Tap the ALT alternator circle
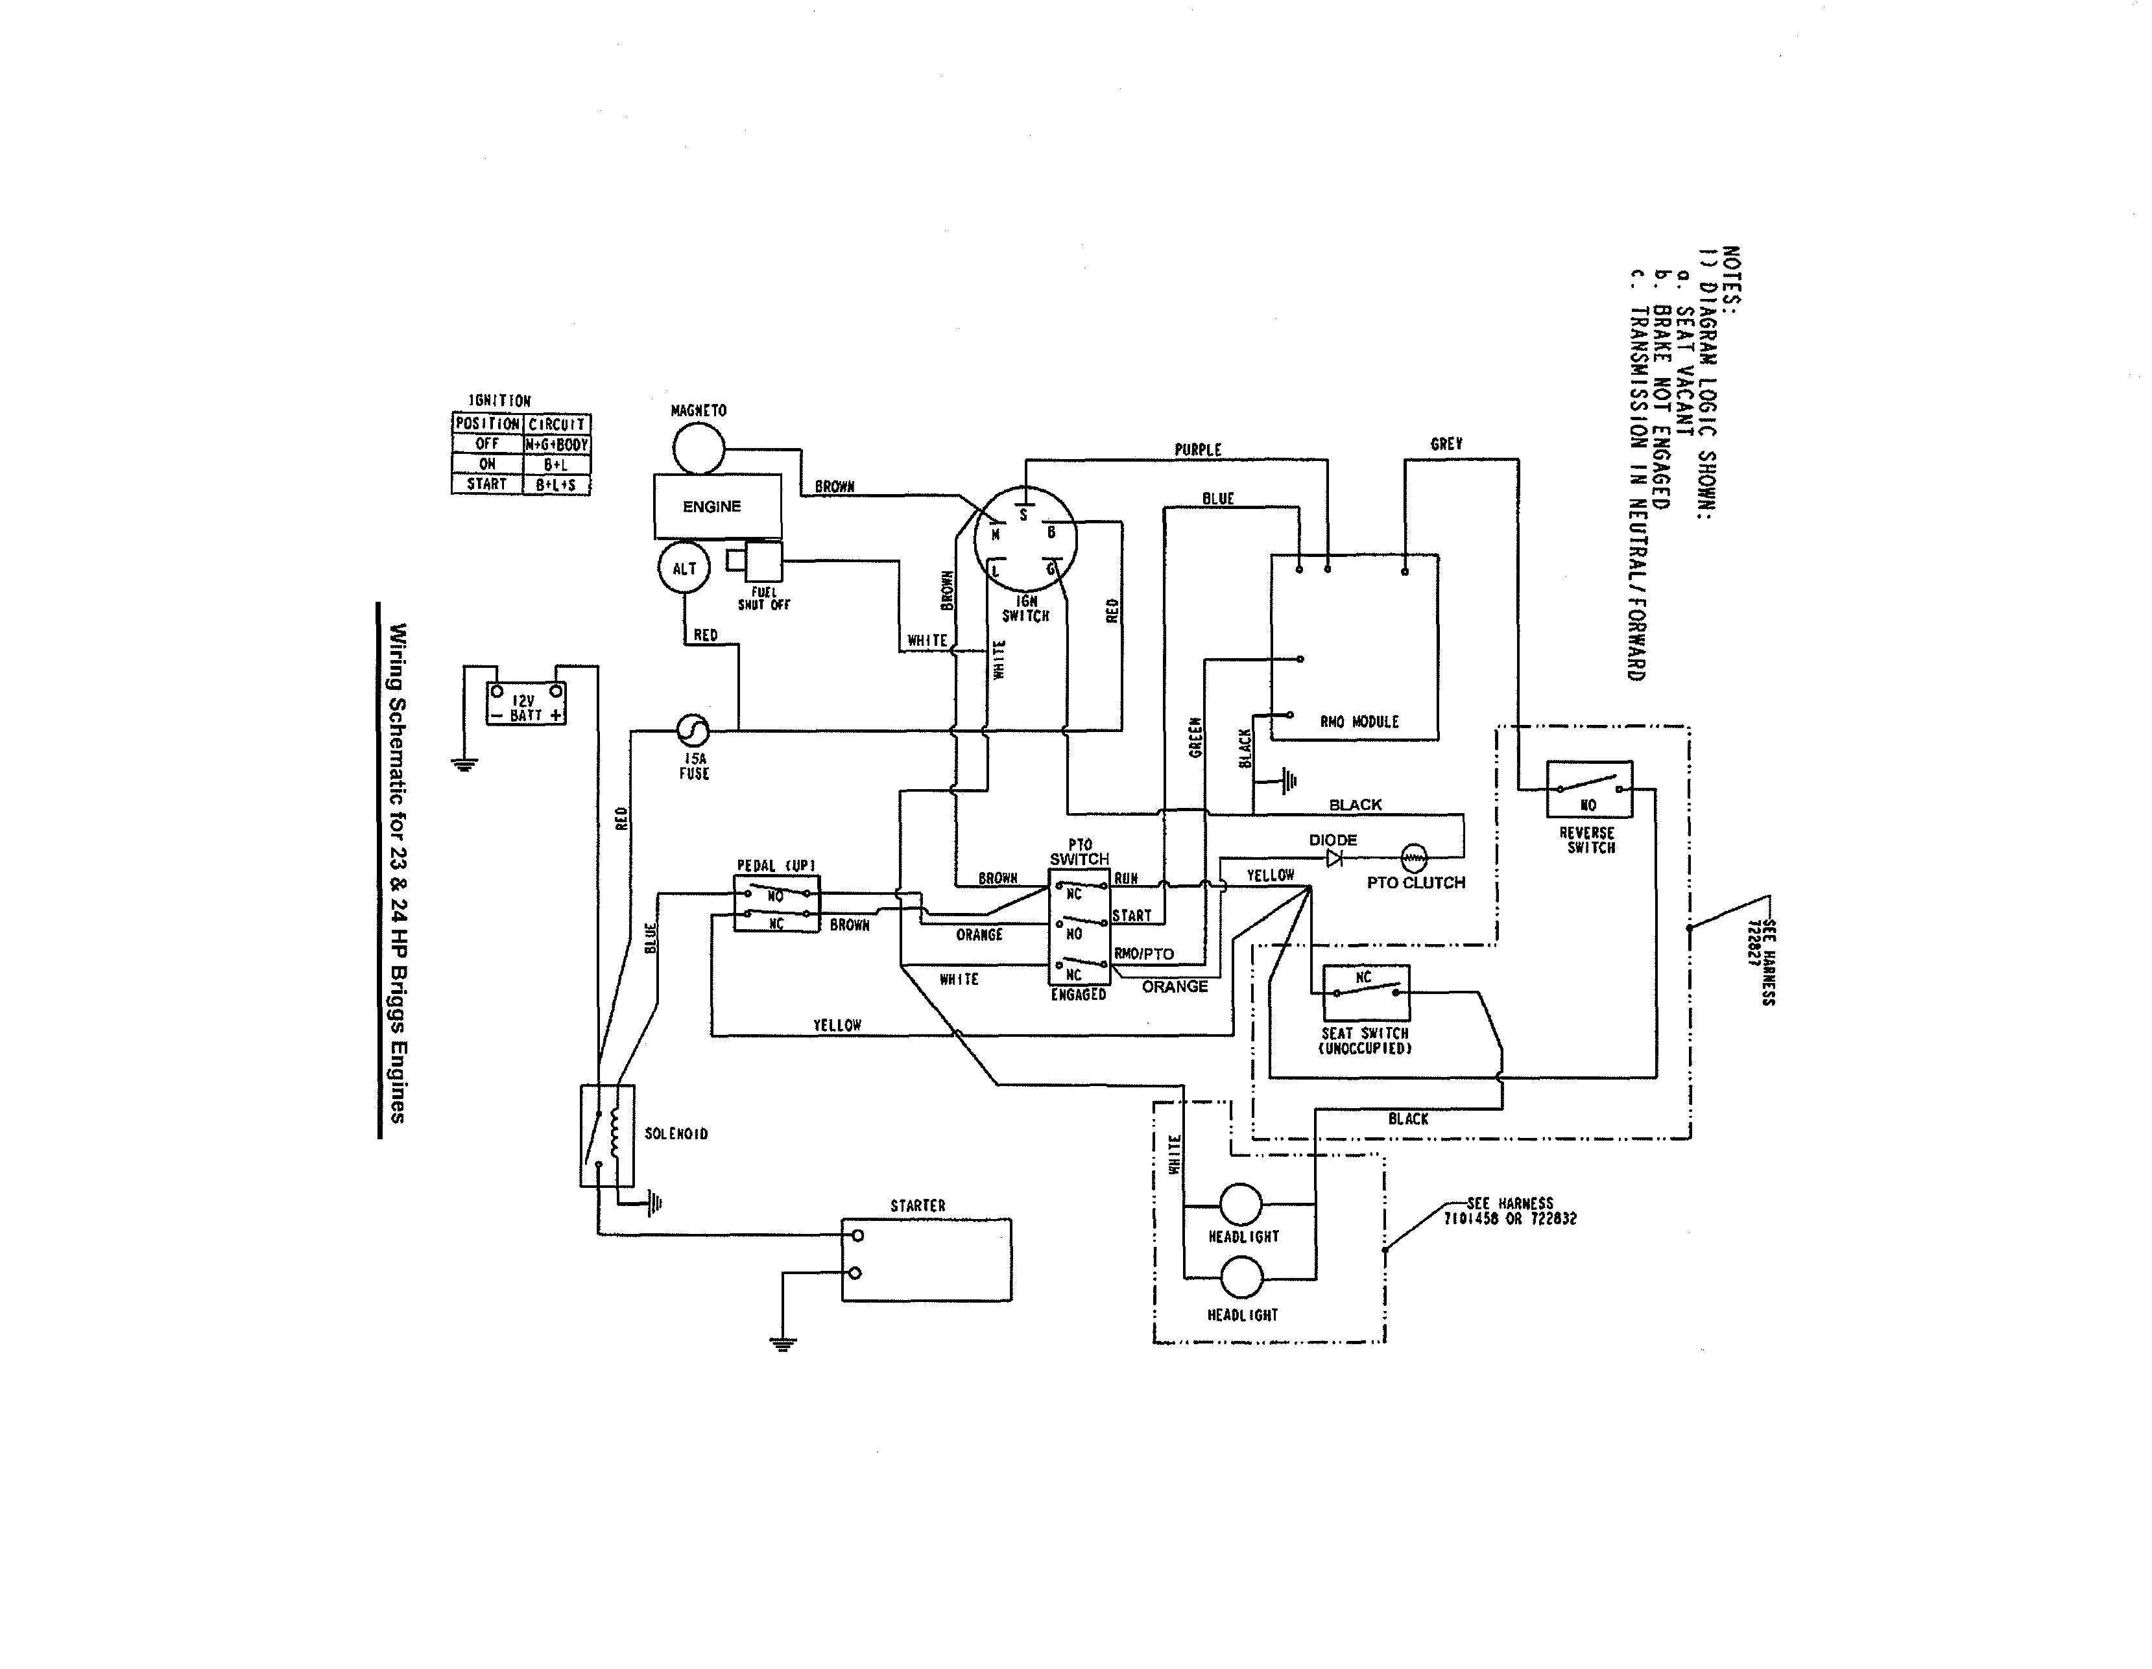[684, 569]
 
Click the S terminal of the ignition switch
[1023, 514]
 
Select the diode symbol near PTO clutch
[1334, 858]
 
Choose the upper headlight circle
[1241, 1204]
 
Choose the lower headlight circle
[1241, 1279]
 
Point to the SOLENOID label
[676, 1134]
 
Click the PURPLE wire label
[1197, 450]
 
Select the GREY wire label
[1446, 444]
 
